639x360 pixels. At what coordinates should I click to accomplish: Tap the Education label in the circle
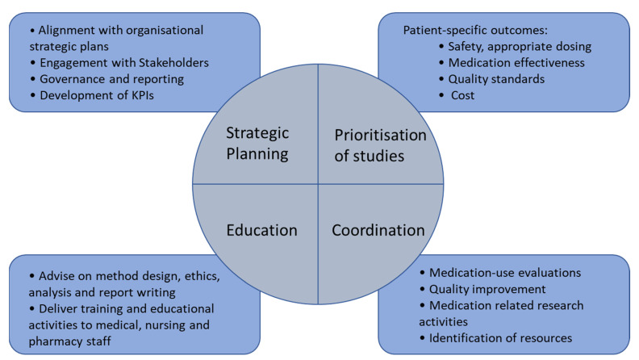coord(262,230)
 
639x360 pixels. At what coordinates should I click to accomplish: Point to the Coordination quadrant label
coord(378,230)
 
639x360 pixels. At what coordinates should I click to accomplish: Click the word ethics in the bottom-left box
coord(198,277)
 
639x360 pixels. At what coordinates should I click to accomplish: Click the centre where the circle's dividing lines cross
coord(318,185)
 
